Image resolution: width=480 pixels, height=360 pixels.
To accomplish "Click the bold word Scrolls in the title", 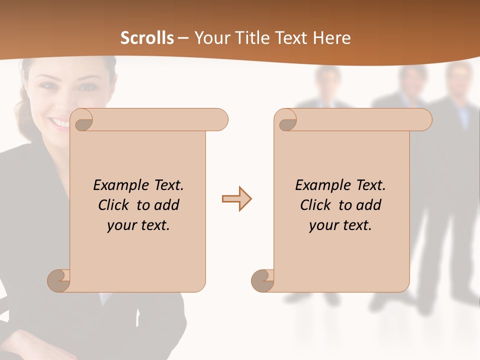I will pos(147,38).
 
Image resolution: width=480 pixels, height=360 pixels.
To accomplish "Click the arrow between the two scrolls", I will pos(236,199).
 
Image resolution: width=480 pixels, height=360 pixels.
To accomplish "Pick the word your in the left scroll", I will pos(121,226).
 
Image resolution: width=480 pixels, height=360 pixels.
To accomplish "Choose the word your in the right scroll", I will pos(323,226).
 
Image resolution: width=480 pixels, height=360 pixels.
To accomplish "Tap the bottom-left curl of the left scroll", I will pos(59,280).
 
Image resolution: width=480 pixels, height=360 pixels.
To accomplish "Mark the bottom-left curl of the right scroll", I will pos(262,280).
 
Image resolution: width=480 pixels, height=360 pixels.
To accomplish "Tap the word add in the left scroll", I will pos(167,205).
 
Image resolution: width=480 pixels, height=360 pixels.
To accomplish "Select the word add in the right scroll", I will pos(369,205).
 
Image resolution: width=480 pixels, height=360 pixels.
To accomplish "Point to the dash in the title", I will pos(183,38).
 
